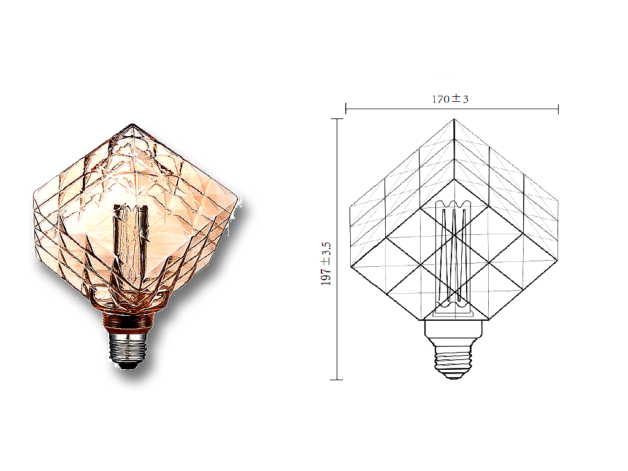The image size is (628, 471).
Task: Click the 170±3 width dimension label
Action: click(x=450, y=99)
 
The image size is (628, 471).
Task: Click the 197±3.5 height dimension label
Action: click(x=326, y=264)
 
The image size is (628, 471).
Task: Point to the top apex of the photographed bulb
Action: click(x=132, y=124)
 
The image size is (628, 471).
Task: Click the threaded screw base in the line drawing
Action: click(x=453, y=362)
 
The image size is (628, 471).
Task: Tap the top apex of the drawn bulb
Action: click(x=454, y=119)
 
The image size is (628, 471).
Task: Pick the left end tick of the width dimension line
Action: click(x=346, y=109)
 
